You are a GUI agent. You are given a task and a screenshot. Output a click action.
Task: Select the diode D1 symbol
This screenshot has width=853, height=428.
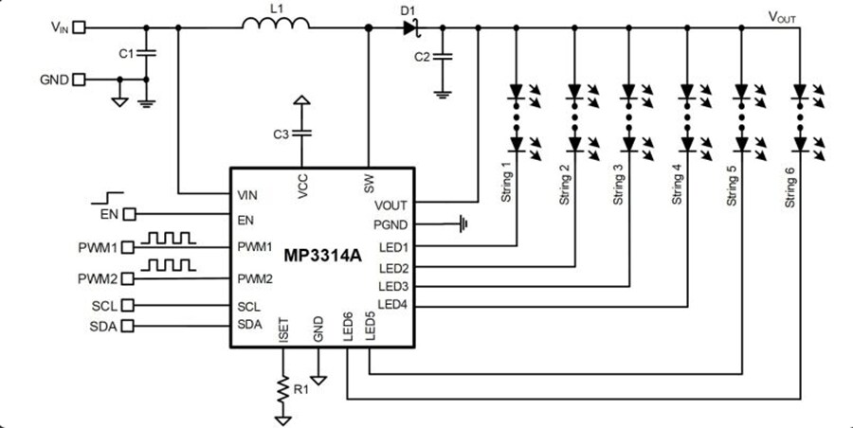409,27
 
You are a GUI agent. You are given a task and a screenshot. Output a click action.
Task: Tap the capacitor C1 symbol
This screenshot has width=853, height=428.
145,54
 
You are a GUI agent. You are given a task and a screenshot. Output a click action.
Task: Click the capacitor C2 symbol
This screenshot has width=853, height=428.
442,57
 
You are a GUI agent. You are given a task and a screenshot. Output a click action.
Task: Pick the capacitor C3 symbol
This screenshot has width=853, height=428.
301,134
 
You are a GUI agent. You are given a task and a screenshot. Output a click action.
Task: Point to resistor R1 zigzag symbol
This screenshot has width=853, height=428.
281,388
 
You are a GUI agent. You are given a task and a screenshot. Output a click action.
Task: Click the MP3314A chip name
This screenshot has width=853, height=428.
322,257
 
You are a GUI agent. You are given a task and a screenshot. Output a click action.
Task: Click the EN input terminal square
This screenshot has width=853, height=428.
130,215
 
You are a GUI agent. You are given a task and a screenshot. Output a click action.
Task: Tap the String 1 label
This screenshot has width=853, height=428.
506,183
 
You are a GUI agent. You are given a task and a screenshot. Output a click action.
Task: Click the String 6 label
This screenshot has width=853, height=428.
789,187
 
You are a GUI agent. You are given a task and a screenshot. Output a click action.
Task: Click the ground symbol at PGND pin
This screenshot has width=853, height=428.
463,224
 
